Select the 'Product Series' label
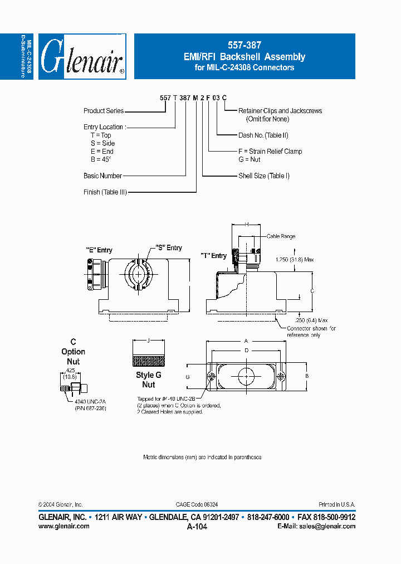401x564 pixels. click(x=104, y=111)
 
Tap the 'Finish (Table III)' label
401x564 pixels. click(x=105, y=192)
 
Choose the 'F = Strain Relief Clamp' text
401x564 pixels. click(x=270, y=152)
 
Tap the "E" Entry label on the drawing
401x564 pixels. click(x=99, y=250)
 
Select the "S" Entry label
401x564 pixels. click(x=169, y=248)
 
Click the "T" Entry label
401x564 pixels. click(x=214, y=256)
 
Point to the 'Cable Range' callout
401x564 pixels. click(x=281, y=236)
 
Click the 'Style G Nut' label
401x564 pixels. click(x=148, y=380)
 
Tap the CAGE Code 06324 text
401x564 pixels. click(x=198, y=504)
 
